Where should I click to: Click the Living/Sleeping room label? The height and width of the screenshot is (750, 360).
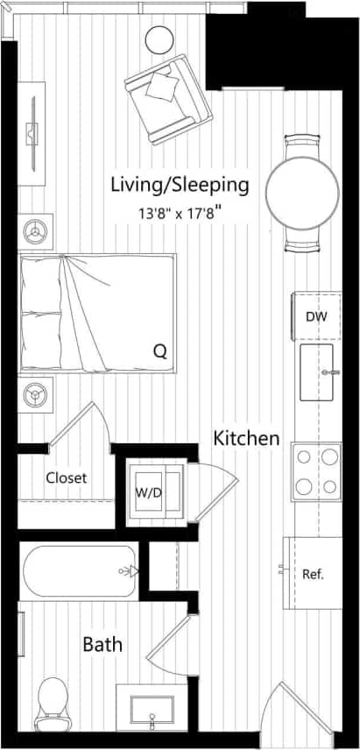(x=180, y=185)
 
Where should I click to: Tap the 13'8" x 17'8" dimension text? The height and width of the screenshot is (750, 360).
(x=180, y=210)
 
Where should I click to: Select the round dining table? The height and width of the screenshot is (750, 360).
(x=302, y=193)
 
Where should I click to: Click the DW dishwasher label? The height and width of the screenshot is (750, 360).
(x=316, y=316)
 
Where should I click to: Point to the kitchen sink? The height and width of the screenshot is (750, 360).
(x=319, y=372)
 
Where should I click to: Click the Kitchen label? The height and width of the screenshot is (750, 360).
(x=247, y=438)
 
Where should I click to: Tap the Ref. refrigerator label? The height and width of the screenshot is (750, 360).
(x=314, y=575)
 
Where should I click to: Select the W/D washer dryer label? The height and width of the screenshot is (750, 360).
(x=146, y=492)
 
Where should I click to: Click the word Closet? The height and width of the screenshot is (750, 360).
(x=66, y=478)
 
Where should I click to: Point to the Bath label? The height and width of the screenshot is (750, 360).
(x=102, y=645)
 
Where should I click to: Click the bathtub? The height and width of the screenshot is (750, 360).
(x=80, y=571)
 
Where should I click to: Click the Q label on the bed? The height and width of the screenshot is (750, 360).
(x=159, y=351)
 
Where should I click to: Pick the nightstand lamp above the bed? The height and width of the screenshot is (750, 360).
(x=36, y=230)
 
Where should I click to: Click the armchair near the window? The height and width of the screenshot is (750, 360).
(x=167, y=97)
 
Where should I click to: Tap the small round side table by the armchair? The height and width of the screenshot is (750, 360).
(x=159, y=39)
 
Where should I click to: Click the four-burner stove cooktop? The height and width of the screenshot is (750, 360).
(x=317, y=472)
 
